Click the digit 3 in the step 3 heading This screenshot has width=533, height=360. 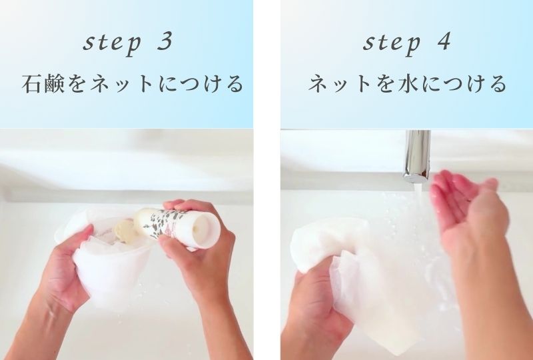pyautogui.click(x=166, y=42)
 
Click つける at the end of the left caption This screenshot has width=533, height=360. pyautogui.click(x=213, y=85)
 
